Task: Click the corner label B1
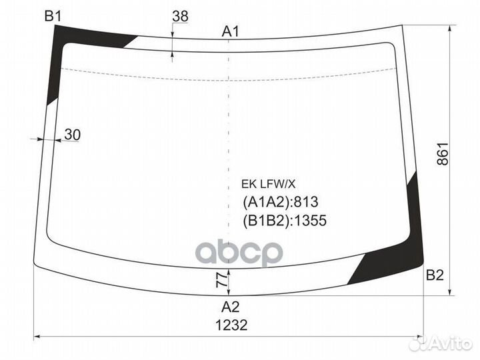(53, 16)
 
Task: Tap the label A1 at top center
(230, 31)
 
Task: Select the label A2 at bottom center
(230, 307)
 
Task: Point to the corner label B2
(435, 275)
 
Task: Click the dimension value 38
(180, 16)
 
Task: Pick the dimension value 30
(73, 135)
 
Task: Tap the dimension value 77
(222, 280)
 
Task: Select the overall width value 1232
(231, 325)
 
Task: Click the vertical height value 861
(443, 154)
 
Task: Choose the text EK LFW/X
(268, 184)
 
